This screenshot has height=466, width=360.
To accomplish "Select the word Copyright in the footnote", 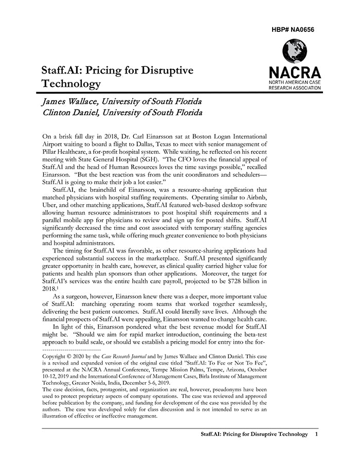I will coord(57,355).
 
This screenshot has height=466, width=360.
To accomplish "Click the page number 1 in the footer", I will coord(316,435).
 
